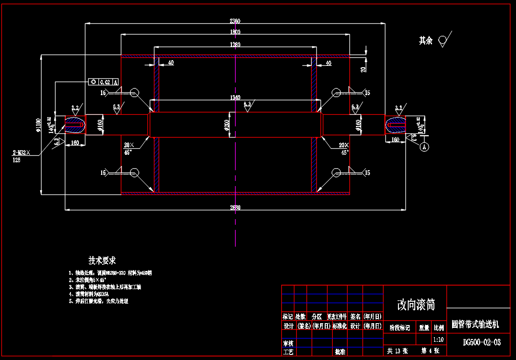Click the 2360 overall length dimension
(235, 21)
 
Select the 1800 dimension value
(235, 32)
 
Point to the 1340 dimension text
(235, 97)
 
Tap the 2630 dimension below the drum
(235, 207)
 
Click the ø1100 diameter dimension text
(38, 125)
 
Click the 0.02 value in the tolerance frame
(105, 82)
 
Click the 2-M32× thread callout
(21, 152)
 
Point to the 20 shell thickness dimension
(363, 69)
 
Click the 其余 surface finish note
(425, 41)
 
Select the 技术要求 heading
(102, 260)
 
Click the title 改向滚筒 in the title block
(416, 305)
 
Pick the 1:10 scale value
(439, 340)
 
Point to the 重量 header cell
(424, 328)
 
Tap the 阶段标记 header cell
(399, 328)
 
